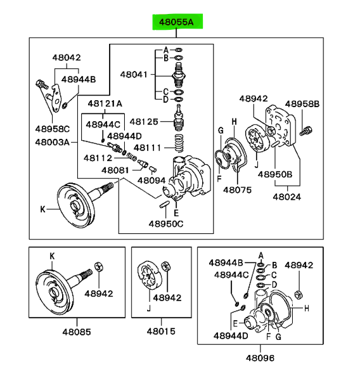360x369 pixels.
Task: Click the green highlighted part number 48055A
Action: click(x=176, y=22)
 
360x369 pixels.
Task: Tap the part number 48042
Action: click(x=67, y=58)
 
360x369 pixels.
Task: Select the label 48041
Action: click(x=134, y=75)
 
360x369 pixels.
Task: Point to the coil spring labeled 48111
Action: click(x=179, y=143)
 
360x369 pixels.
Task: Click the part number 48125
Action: click(x=144, y=122)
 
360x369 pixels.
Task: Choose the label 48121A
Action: click(x=105, y=103)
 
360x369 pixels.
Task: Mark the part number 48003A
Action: click(x=53, y=142)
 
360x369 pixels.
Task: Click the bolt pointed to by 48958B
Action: click(x=306, y=131)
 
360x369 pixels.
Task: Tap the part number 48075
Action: click(x=238, y=190)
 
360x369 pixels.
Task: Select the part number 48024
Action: click(x=287, y=197)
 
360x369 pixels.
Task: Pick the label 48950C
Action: click(x=166, y=224)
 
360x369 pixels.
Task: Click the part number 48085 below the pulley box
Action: click(x=77, y=332)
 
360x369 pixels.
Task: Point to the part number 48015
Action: click(x=161, y=332)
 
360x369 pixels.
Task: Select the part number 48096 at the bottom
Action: click(x=260, y=358)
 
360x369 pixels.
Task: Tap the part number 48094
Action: click(x=151, y=181)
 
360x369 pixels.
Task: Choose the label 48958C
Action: click(x=53, y=129)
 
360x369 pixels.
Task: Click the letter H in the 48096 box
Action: click(x=307, y=308)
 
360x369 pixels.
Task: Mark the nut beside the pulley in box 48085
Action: click(x=99, y=267)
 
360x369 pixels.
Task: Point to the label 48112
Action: click(x=98, y=158)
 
